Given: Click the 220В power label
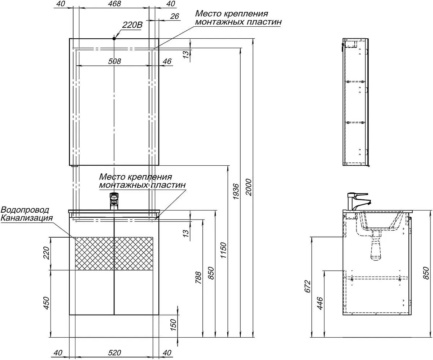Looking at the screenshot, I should pyautogui.click(x=132, y=25).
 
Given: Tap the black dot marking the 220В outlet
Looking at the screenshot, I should pyautogui.click(x=114, y=38).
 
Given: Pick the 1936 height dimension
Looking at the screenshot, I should pyautogui.click(x=236, y=192).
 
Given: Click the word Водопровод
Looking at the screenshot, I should pyautogui.click(x=25, y=210).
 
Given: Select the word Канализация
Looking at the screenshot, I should pyautogui.click(x=27, y=218).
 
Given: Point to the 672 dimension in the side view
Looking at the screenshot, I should pyautogui.click(x=307, y=287).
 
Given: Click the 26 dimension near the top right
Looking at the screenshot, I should pyautogui.click(x=175, y=16).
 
